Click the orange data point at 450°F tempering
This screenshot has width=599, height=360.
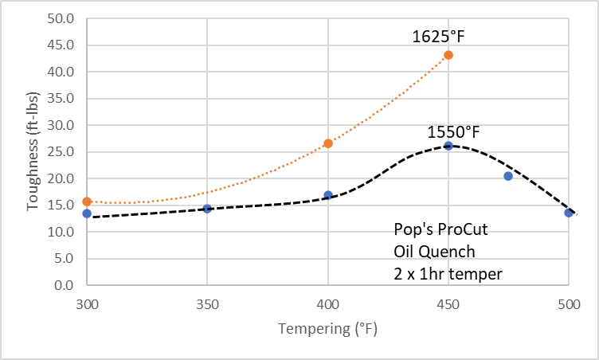[x=448, y=55]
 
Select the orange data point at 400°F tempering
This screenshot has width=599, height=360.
[x=328, y=143]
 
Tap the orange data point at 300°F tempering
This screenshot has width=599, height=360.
[x=87, y=202]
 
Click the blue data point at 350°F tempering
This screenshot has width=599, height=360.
[x=207, y=209]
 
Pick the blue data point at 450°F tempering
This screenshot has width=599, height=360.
[x=448, y=146]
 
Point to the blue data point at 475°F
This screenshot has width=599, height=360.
[x=508, y=176]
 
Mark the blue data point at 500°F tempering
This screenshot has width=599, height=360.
[x=569, y=213]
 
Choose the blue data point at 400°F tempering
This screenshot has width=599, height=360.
[x=328, y=195]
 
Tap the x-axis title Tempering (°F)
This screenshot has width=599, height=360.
[x=327, y=330]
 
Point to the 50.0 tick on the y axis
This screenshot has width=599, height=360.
[x=61, y=18]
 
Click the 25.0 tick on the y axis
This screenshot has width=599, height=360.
[x=61, y=152]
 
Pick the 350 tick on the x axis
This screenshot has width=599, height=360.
[x=207, y=303]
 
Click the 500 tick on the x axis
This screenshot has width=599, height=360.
[x=569, y=303]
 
